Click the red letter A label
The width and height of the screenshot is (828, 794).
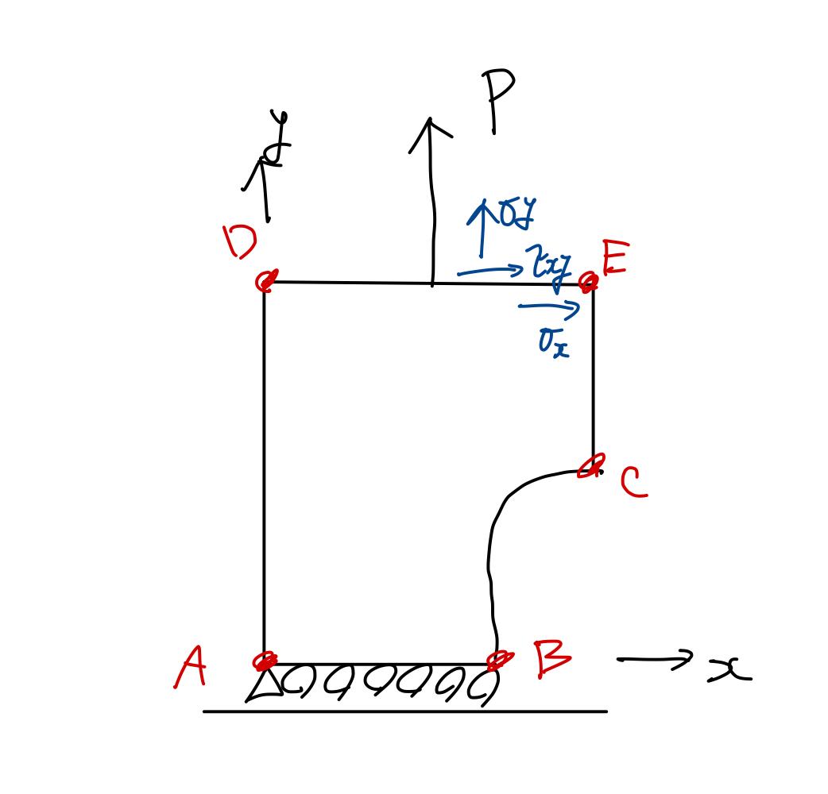(x=192, y=666)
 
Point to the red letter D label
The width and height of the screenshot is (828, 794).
(x=240, y=241)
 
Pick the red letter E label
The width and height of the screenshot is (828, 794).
(x=614, y=260)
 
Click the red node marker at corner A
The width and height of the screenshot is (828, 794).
(x=265, y=661)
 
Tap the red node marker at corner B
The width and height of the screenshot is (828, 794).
(x=499, y=660)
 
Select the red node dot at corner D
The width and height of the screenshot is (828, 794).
(x=266, y=280)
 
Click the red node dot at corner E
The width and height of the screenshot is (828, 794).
(x=589, y=281)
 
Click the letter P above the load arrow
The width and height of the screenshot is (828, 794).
(x=498, y=99)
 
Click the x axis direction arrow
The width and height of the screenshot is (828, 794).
(x=653, y=659)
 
